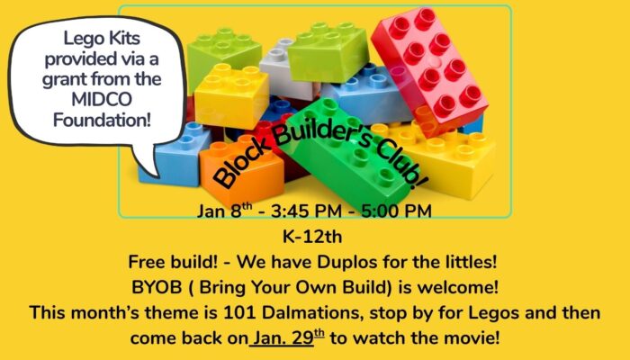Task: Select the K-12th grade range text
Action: point(314,238)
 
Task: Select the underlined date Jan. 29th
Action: point(288,339)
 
